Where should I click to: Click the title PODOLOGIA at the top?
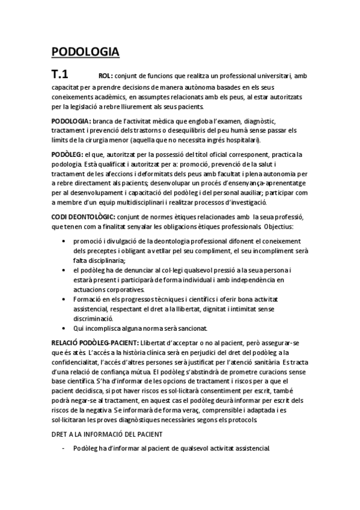pyautogui.click(x=85, y=52)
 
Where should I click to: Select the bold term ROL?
pyautogui.click(x=105, y=76)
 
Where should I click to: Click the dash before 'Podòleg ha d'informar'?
pyautogui.click(x=63, y=448)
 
